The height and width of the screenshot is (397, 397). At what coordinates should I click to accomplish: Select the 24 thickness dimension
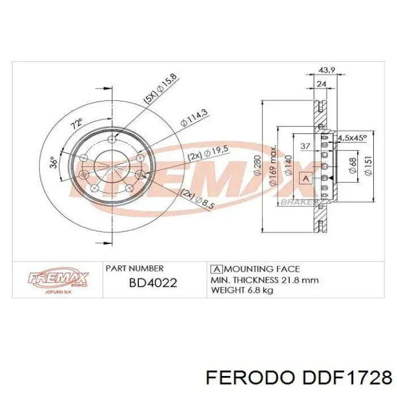click(x=322, y=84)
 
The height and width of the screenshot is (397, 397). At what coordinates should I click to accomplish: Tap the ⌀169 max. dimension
click(x=274, y=166)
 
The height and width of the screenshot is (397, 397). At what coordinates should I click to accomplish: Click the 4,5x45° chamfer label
click(x=352, y=138)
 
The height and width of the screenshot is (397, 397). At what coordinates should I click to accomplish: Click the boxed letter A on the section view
click(x=306, y=179)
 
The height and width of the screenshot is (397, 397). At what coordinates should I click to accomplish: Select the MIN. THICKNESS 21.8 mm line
click(x=264, y=280)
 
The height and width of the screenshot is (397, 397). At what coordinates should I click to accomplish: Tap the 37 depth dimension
click(x=305, y=146)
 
